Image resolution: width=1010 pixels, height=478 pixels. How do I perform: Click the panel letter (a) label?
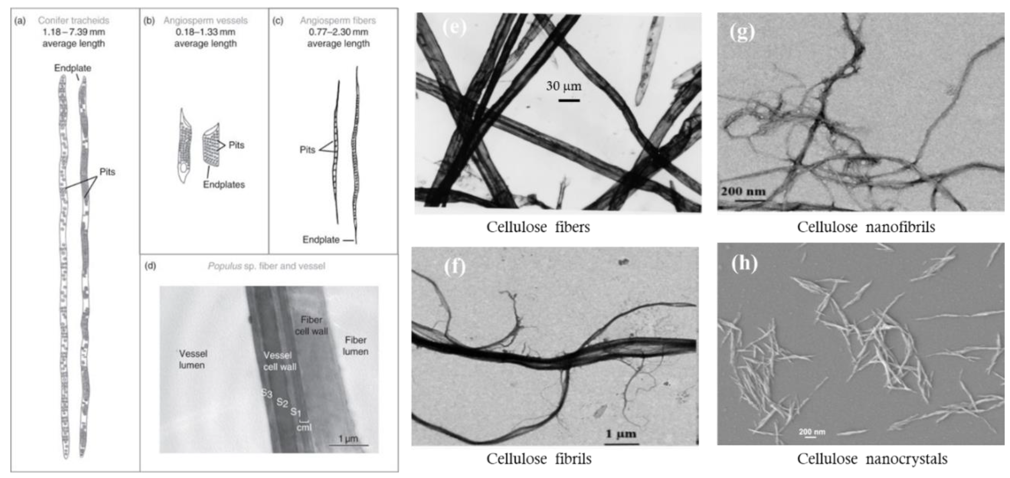(20, 21)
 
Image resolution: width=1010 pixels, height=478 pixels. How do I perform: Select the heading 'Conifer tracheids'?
(74, 20)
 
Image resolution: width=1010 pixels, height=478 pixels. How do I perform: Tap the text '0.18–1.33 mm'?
(205, 32)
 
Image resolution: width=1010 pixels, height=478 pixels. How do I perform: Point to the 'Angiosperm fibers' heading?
(338, 20)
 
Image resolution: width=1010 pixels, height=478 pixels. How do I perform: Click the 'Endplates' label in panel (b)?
(224, 184)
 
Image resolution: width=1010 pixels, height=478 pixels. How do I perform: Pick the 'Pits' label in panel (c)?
(307, 150)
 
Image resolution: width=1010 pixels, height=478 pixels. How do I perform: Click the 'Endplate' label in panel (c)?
(321, 239)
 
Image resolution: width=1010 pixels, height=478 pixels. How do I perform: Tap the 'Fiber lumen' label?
(356, 346)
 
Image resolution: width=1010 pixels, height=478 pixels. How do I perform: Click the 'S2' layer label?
(282, 402)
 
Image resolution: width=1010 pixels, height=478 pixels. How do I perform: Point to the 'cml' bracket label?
(304, 427)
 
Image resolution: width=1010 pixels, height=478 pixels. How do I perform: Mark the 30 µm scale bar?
(569, 101)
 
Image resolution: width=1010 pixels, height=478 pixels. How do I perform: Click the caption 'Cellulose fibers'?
(538, 227)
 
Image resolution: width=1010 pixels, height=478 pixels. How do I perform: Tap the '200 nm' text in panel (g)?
(743, 191)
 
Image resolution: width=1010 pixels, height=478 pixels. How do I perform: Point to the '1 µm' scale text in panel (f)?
(621, 434)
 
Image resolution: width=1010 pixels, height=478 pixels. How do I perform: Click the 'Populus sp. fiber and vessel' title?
(266, 266)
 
